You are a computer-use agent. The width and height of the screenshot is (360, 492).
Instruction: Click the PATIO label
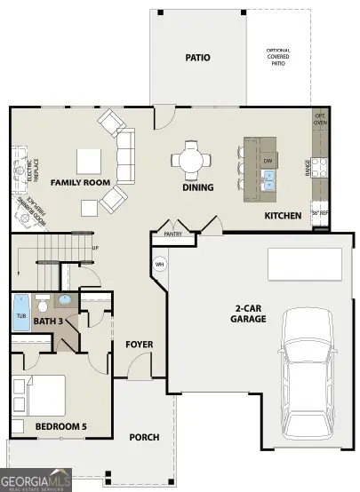pos(197,57)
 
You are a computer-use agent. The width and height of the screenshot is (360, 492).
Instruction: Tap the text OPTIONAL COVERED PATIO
pos(279,56)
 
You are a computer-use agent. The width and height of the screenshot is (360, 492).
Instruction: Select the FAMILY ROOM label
pos(80,182)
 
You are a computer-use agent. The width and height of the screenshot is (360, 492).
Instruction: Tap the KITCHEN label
pos(283,216)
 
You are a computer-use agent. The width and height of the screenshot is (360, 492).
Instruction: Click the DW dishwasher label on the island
pos(268,161)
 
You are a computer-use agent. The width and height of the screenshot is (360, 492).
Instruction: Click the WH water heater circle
pos(160,264)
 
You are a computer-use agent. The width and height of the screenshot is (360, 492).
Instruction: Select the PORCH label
pos(144,436)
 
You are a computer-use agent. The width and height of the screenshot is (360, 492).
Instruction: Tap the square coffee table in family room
pos(88,161)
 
